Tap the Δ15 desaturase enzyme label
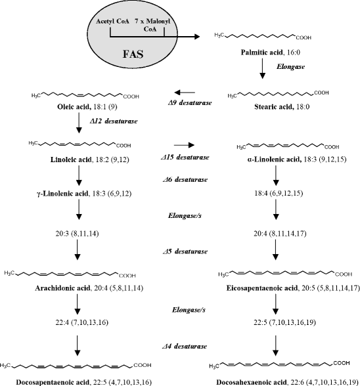coord(189,157)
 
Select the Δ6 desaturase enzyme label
coord(189,179)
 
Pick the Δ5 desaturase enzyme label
coord(189,251)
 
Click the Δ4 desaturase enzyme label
coord(189,345)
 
